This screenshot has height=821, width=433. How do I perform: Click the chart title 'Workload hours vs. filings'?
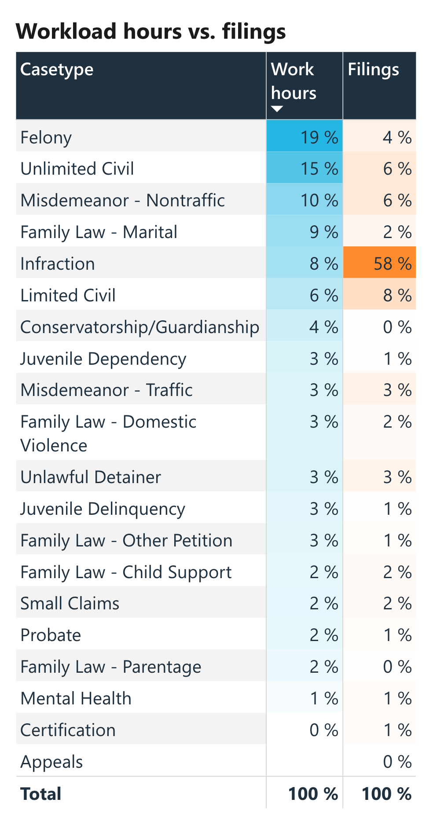[150, 32]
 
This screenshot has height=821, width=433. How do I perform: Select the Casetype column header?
[57, 70]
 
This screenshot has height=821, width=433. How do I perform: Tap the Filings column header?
[373, 70]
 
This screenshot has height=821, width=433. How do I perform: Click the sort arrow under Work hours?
[277, 109]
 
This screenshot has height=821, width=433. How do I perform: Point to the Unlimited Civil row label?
[77, 169]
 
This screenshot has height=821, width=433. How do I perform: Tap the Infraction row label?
[58, 264]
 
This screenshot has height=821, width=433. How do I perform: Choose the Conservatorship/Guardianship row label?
[139, 327]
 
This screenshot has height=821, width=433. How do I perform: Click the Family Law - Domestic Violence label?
[108, 433]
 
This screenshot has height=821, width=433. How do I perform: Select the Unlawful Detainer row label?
[91, 477]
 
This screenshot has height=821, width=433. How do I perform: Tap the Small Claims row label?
[70, 603]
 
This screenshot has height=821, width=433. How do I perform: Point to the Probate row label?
[51, 635]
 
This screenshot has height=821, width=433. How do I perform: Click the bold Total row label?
[41, 794]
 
